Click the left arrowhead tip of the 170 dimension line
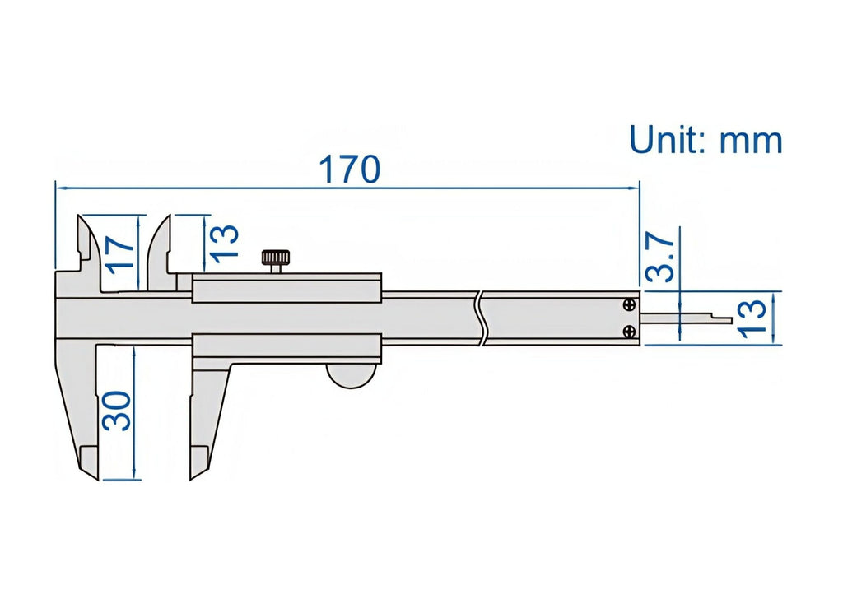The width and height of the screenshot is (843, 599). click(56, 188)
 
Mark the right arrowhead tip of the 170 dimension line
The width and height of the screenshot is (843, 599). click(639, 188)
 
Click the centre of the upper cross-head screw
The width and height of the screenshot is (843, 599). click(629, 305)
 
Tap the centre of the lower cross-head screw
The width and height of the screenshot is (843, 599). click(629, 332)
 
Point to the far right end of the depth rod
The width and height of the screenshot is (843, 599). click(732, 321)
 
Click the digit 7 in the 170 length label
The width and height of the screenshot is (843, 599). click(351, 169)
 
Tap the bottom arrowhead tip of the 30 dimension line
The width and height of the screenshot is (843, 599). click(134, 479)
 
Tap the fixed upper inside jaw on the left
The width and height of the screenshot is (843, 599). click(88, 252)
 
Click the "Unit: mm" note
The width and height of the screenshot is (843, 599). click(706, 140)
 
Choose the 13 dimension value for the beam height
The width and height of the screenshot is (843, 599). click(751, 318)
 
